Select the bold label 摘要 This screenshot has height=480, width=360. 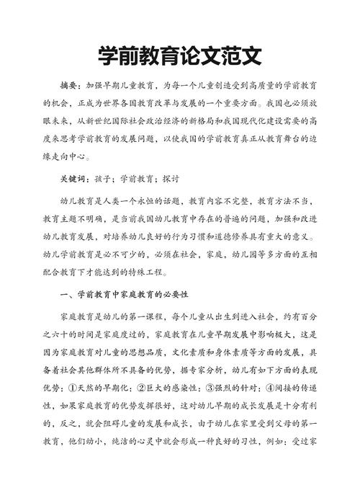[70, 85]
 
